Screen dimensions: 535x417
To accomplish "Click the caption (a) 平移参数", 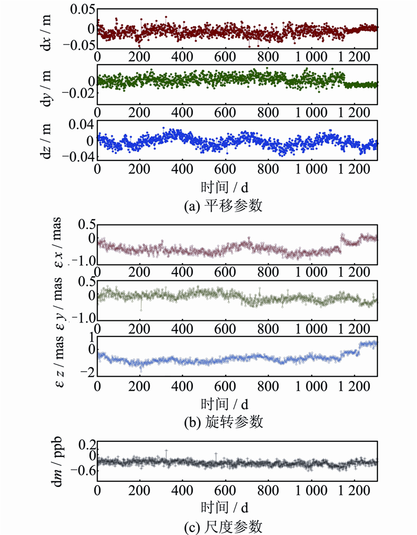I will coord(224,206).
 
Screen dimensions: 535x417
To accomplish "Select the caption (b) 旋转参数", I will coord(224,422).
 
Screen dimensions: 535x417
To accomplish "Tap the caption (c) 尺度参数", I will coord(224,524).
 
